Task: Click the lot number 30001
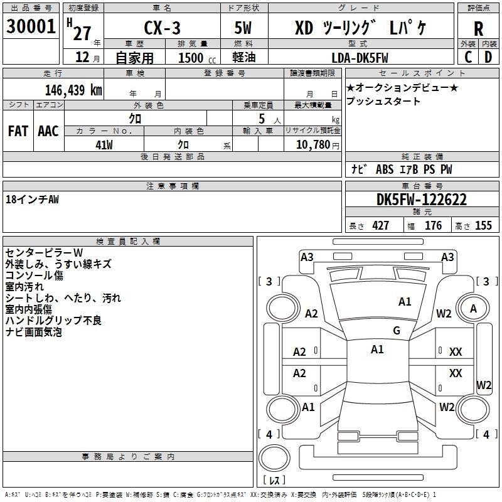coord(31,26)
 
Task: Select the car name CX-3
coord(162,28)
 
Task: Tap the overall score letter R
coord(478,29)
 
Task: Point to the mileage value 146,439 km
coord(73,90)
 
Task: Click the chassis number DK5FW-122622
coord(421,200)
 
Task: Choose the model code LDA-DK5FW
coord(360,58)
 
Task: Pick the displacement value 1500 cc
coord(197,58)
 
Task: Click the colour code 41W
coord(104,145)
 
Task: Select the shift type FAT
coord(18,131)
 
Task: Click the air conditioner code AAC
coord(48,131)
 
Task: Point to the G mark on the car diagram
coord(397,331)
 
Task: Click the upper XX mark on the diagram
coord(456,352)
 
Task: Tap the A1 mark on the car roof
coord(377,350)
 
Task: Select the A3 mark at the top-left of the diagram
coord(307,257)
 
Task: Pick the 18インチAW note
coord(33,200)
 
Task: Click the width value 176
coord(433,225)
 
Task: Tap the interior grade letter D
coord(488,57)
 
